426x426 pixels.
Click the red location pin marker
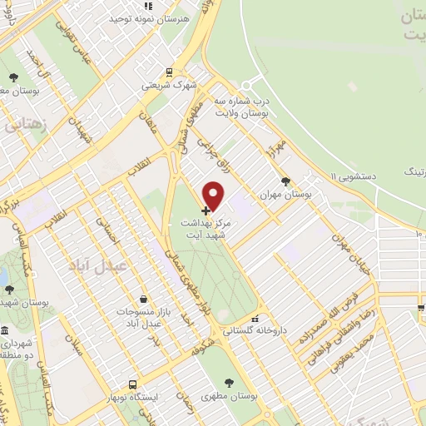pos(214,195)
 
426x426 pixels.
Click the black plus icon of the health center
pos(206,211)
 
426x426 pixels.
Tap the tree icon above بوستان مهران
pos(287,180)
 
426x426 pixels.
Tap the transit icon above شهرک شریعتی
pos(169,72)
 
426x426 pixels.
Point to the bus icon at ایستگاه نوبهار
pos(133,384)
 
